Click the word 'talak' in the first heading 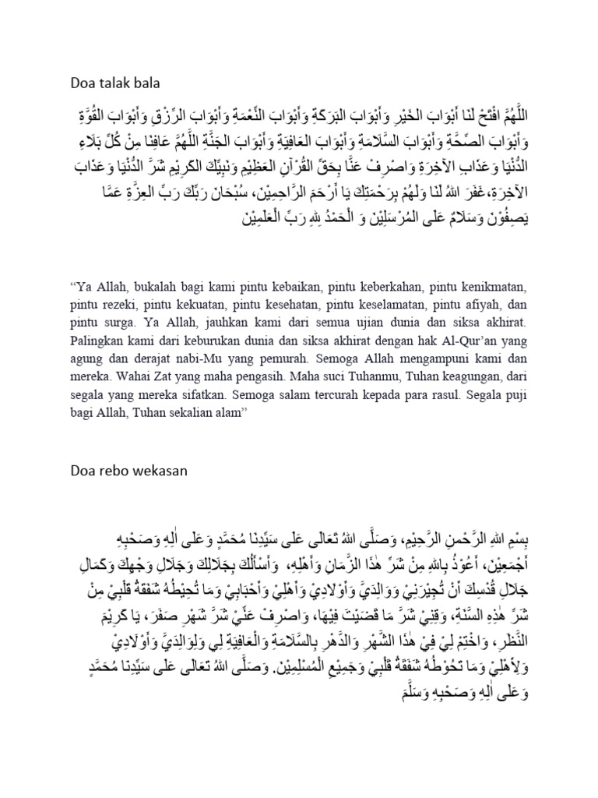point(121,80)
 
